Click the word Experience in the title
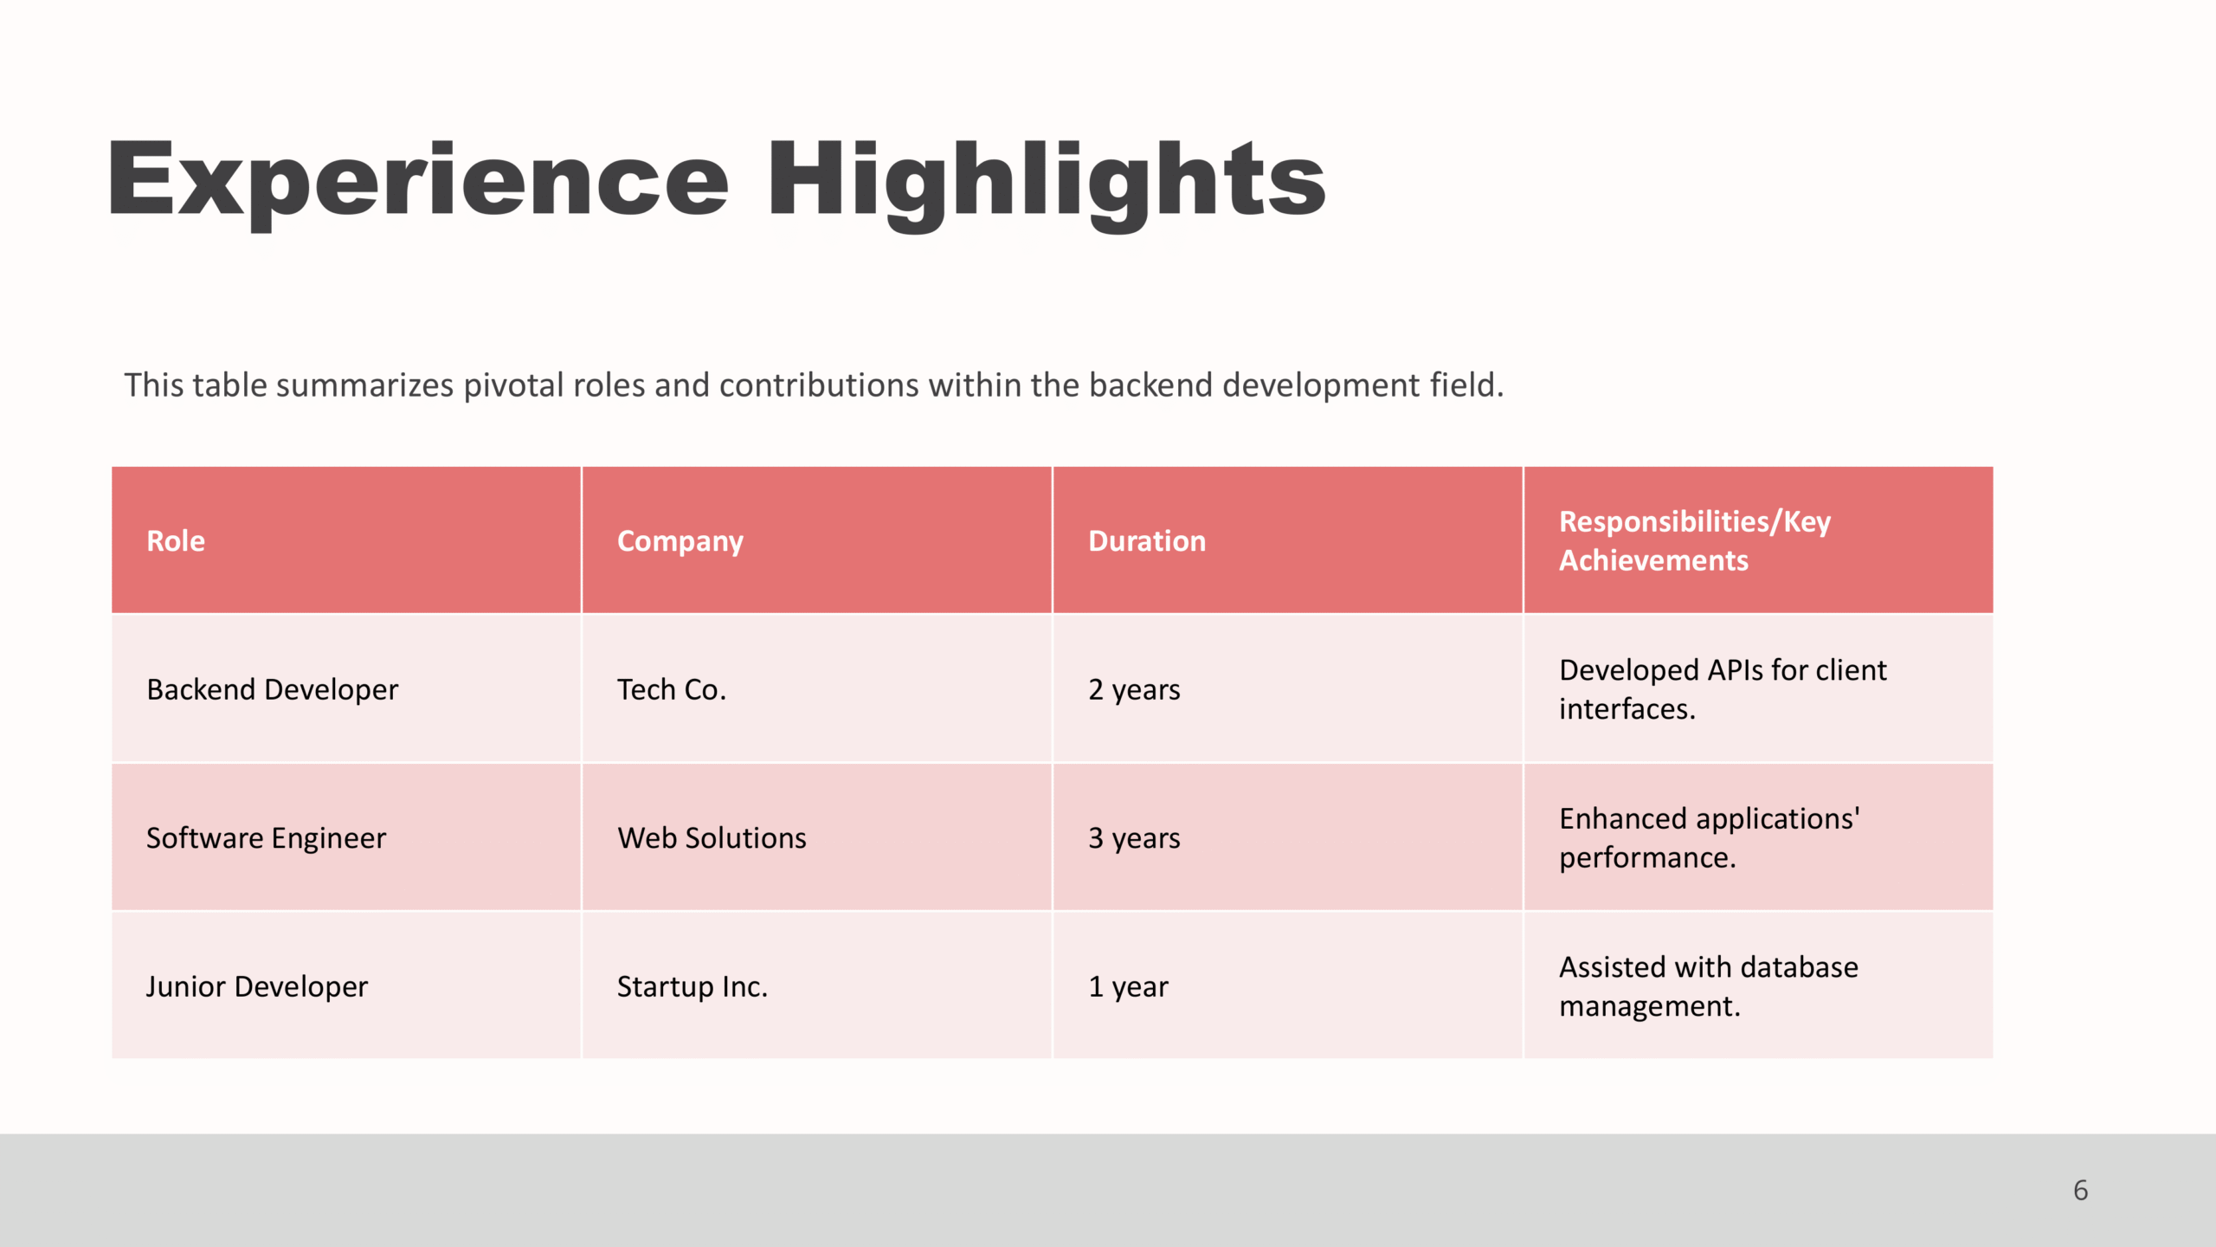point(418,182)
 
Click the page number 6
point(2081,1191)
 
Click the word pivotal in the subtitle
point(512,385)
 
